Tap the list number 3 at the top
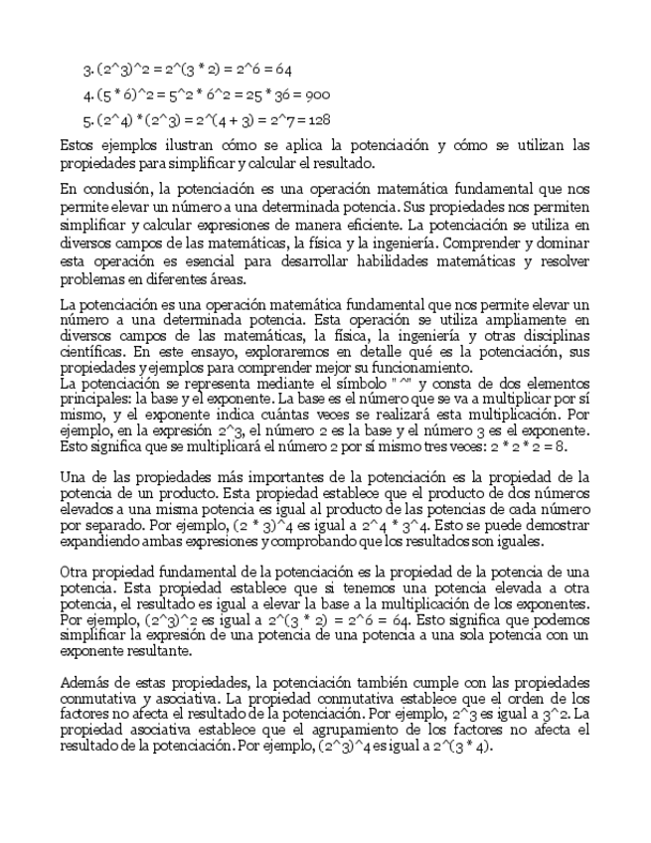coord(86,70)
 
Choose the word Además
coord(86,682)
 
